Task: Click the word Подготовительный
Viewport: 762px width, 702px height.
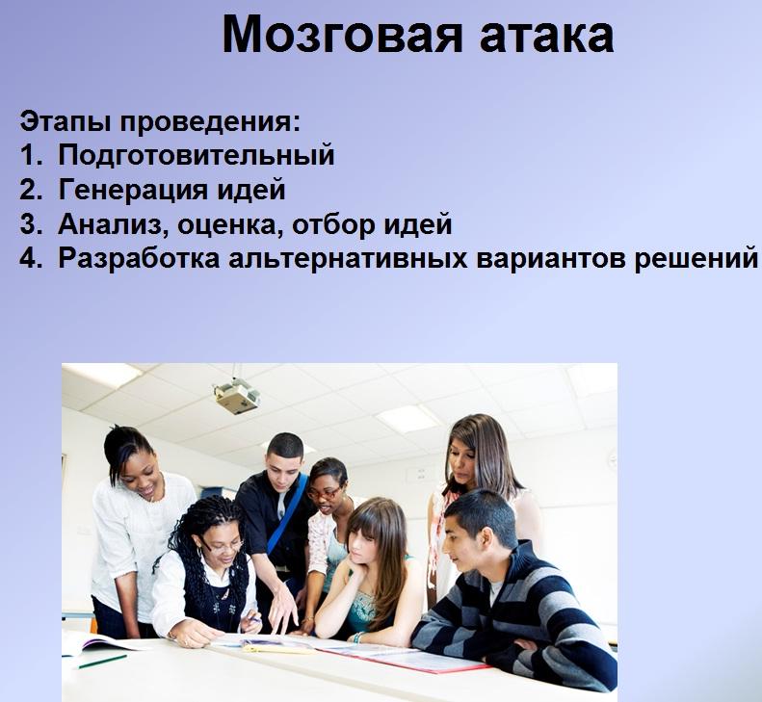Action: coord(197,155)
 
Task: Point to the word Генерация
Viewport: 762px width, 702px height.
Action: coord(133,190)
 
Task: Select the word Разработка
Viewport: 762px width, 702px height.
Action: coord(139,258)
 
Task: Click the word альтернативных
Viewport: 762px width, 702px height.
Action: coord(348,258)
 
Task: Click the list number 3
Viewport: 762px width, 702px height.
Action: coord(28,224)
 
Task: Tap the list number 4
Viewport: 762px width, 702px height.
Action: coord(28,258)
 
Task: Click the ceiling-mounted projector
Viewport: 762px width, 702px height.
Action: coord(237,395)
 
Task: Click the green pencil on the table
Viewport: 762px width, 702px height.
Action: coord(102,662)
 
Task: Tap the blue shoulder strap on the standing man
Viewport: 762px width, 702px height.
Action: coord(287,513)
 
